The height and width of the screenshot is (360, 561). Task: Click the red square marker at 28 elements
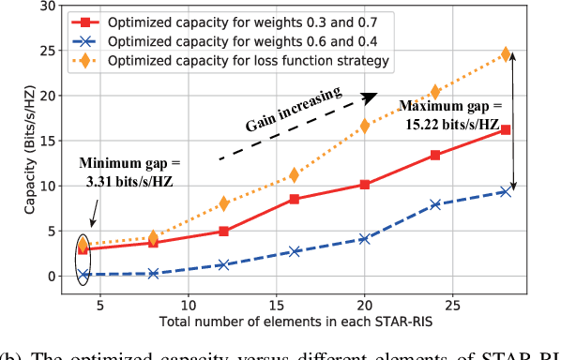(506, 129)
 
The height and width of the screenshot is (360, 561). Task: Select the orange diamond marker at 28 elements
(506, 54)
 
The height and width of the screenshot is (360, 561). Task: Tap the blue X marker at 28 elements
(506, 191)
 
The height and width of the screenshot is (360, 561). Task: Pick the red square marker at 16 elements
(294, 199)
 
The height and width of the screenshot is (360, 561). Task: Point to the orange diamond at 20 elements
(364, 126)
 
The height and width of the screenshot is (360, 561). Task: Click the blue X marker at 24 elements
(435, 204)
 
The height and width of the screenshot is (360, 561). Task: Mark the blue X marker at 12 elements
(223, 265)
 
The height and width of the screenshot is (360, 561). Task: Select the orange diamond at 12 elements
(223, 202)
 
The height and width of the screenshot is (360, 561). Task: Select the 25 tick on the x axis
(452, 305)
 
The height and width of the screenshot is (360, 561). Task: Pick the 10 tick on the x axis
(188, 305)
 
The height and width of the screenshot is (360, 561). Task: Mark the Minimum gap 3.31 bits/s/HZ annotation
(127, 171)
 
